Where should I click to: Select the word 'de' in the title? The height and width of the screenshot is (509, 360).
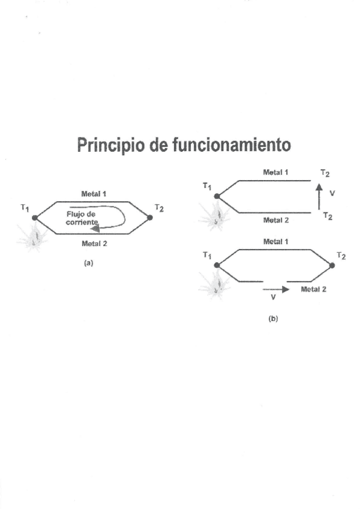pyautogui.click(x=161, y=145)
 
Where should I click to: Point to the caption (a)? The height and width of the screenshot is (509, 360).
pyautogui.click(x=89, y=263)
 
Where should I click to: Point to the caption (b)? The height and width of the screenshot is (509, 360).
pyautogui.click(x=274, y=319)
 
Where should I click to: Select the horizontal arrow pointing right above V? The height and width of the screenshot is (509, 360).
pyautogui.click(x=276, y=289)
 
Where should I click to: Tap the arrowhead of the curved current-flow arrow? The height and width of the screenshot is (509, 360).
pyautogui.click(x=95, y=227)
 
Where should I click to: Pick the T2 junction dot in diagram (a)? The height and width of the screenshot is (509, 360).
pyautogui.click(x=149, y=217)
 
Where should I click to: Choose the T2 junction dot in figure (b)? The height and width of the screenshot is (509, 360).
pyautogui.click(x=332, y=265)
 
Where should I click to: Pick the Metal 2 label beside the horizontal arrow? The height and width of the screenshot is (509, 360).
pyautogui.click(x=314, y=289)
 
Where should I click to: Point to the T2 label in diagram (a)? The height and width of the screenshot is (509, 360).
pyautogui.click(x=159, y=208)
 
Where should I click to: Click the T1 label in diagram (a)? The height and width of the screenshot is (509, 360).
pyautogui.click(x=25, y=208)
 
